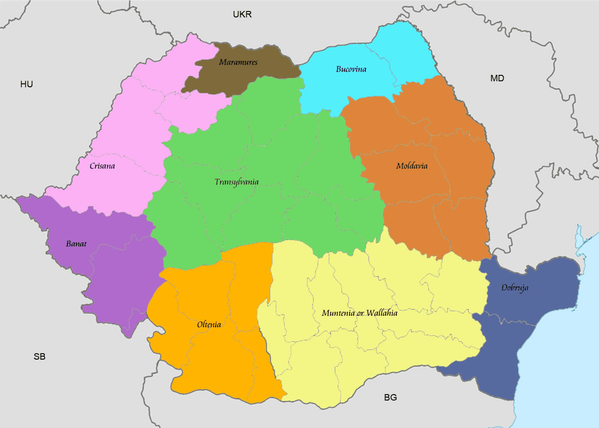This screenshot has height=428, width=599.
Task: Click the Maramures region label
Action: pos(238,62)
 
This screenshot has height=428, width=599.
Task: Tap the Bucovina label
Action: pos(351,69)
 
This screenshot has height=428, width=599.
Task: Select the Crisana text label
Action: pos(102,166)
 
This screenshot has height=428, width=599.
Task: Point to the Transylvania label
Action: pos(237,182)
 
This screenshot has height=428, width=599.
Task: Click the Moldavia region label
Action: pos(411,166)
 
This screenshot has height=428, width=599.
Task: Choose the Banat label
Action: pos(76,244)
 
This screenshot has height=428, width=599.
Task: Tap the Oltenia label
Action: pos(209,324)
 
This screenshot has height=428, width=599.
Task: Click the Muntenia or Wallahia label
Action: pos(359,313)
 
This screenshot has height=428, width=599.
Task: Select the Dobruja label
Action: pos(515,288)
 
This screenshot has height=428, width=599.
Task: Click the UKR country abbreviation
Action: pos(242,14)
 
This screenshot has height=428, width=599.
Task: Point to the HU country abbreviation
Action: pos(26,84)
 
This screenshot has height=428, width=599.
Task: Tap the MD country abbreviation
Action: pos(497,78)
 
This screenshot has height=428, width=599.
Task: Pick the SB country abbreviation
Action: pos(39,357)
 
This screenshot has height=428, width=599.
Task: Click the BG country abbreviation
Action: pos(390,398)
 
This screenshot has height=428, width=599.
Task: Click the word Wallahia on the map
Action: pos(381,313)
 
